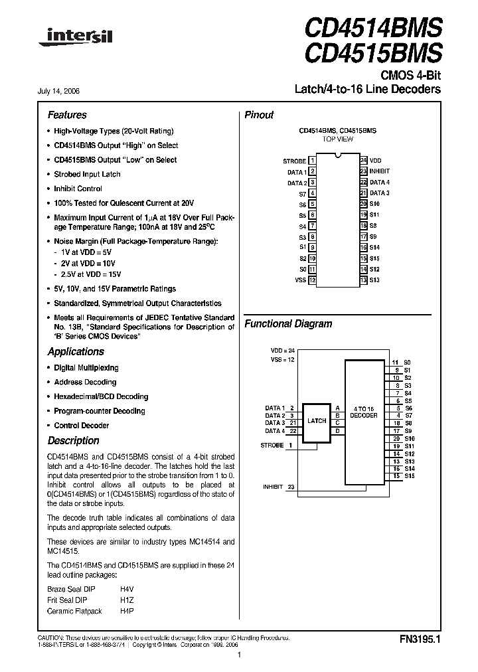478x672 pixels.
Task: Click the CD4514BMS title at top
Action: click(x=372, y=28)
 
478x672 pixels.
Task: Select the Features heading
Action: click(x=67, y=115)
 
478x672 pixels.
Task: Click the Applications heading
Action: click(x=76, y=352)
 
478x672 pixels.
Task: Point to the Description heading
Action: click(x=73, y=441)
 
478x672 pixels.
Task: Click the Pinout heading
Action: click(x=259, y=115)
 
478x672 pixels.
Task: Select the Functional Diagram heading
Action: click(x=288, y=324)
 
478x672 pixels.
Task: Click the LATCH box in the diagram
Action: click(x=317, y=420)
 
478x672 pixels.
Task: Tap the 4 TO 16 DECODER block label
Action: click(x=363, y=412)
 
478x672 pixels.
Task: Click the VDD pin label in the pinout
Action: click(x=376, y=161)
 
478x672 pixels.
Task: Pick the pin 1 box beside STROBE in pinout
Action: click(x=312, y=161)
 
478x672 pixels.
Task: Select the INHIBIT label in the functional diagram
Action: click(x=273, y=487)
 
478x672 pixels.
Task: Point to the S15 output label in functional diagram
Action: click(x=409, y=476)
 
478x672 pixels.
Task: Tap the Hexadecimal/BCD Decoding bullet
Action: click(x=101, y=396)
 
